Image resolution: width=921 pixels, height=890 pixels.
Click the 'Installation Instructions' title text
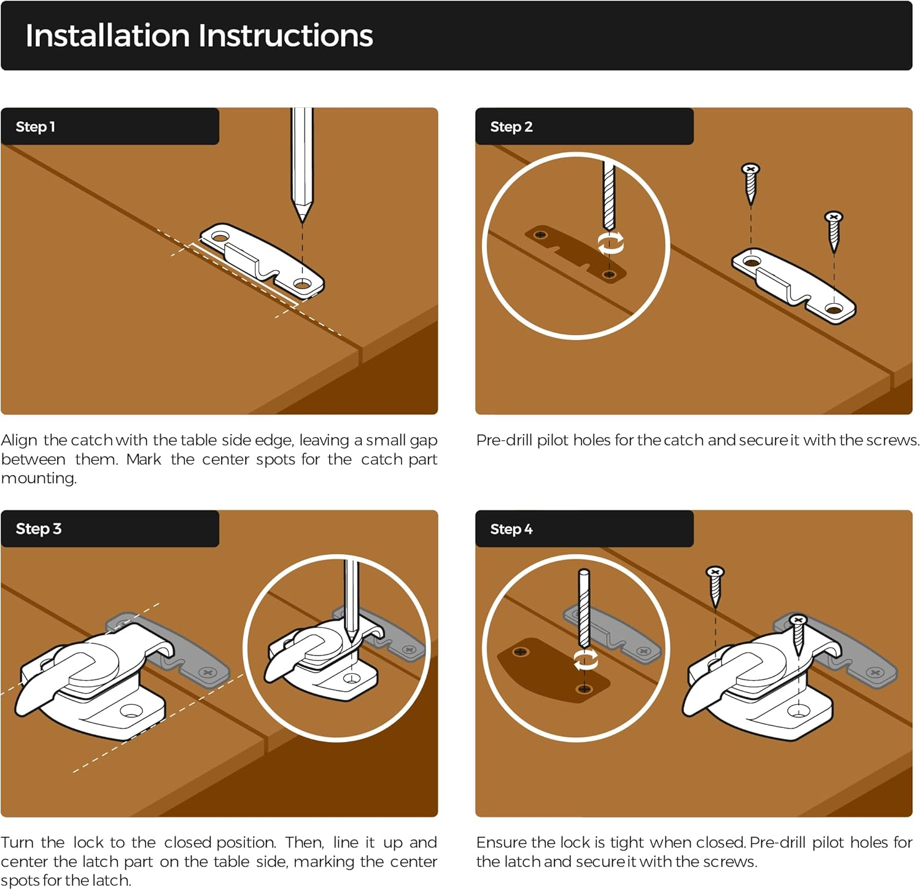pyautogui.click(x=199, y=36)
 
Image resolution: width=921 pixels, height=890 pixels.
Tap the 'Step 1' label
pyautogui.click(x=36, y=126)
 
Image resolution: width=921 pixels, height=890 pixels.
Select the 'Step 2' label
pyautogui.click(x=511, y=126)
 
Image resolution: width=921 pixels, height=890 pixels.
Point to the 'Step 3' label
pyautogui.click(x=39, y=528)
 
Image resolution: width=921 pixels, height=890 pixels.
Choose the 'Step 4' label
pyautogui.click(x=511, y=528)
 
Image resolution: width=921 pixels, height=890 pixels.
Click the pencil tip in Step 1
pyautogui.click(x=301, y=220)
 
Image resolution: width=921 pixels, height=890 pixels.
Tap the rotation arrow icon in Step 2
pyautogui.click(x=611, y=243)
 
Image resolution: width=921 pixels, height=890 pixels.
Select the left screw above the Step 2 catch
pyautogui.click(x=751, y=184)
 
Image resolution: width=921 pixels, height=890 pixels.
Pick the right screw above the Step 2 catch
pyautogui.click(x=834, y=231)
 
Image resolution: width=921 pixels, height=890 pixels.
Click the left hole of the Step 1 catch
pyautogui.click(x=220, y=237)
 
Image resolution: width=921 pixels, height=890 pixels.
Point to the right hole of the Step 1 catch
pyautogui.click(x=302, y=285)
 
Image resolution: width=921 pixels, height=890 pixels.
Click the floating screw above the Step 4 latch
pyautogui.click(x=715, y=587)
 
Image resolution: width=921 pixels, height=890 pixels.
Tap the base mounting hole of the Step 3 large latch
pyautogui.click(x=130, y=711)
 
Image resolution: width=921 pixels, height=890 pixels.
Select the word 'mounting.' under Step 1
pyautogui.click(x=39, y=478)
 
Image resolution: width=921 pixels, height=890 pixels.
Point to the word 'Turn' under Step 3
pyautogui.click(x=17, y=842)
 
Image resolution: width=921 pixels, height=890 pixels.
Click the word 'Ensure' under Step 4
pyautogui.click(x=500, y=842)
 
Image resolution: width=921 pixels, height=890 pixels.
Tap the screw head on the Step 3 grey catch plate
pyautogui.click(x=207, y=673)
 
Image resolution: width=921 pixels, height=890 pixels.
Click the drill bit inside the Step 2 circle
pyautogui.click(x=608, y=195)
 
